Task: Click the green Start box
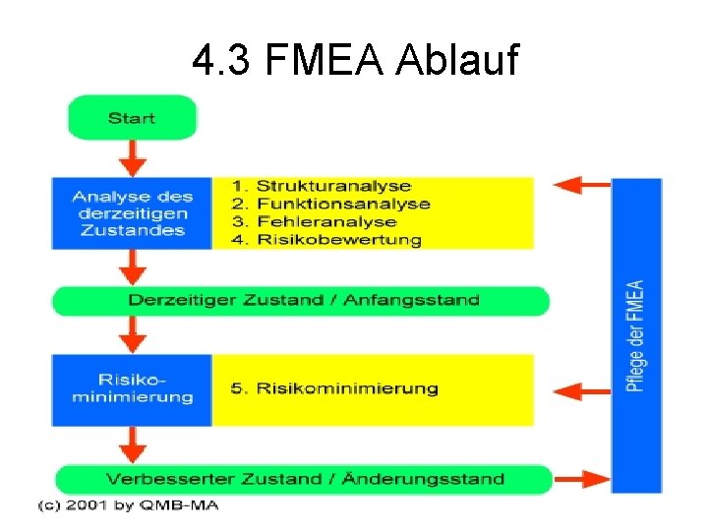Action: coord(132,118)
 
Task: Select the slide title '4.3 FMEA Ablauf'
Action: coord(354,62)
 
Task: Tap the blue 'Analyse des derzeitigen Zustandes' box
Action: coord(133,213)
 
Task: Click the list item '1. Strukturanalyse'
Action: coord(321,186)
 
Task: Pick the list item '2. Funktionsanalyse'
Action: coord(330,204)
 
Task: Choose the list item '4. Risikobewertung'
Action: coord(326,239)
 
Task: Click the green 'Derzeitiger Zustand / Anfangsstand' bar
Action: coord(301,300)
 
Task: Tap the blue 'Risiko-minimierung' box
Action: coord(133,389)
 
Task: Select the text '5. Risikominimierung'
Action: coord(334,388)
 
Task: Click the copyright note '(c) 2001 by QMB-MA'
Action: coord(128,505)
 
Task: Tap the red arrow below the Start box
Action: coord(132,156)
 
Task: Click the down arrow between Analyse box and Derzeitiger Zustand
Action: coord(132,266)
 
